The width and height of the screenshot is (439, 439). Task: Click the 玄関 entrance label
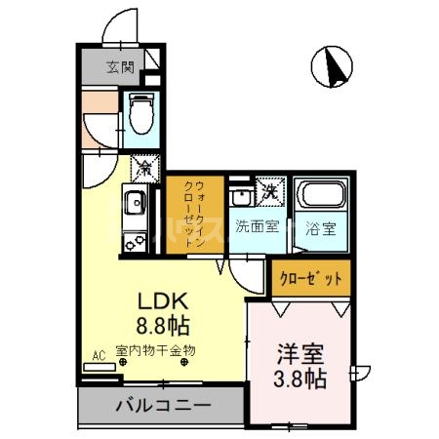(119, 67)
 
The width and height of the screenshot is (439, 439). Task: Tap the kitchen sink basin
(133, 205)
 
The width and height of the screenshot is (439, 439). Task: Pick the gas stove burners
(133, 238)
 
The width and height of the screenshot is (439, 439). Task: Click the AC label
(98, 355)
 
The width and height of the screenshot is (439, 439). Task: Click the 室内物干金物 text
(156, 349)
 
